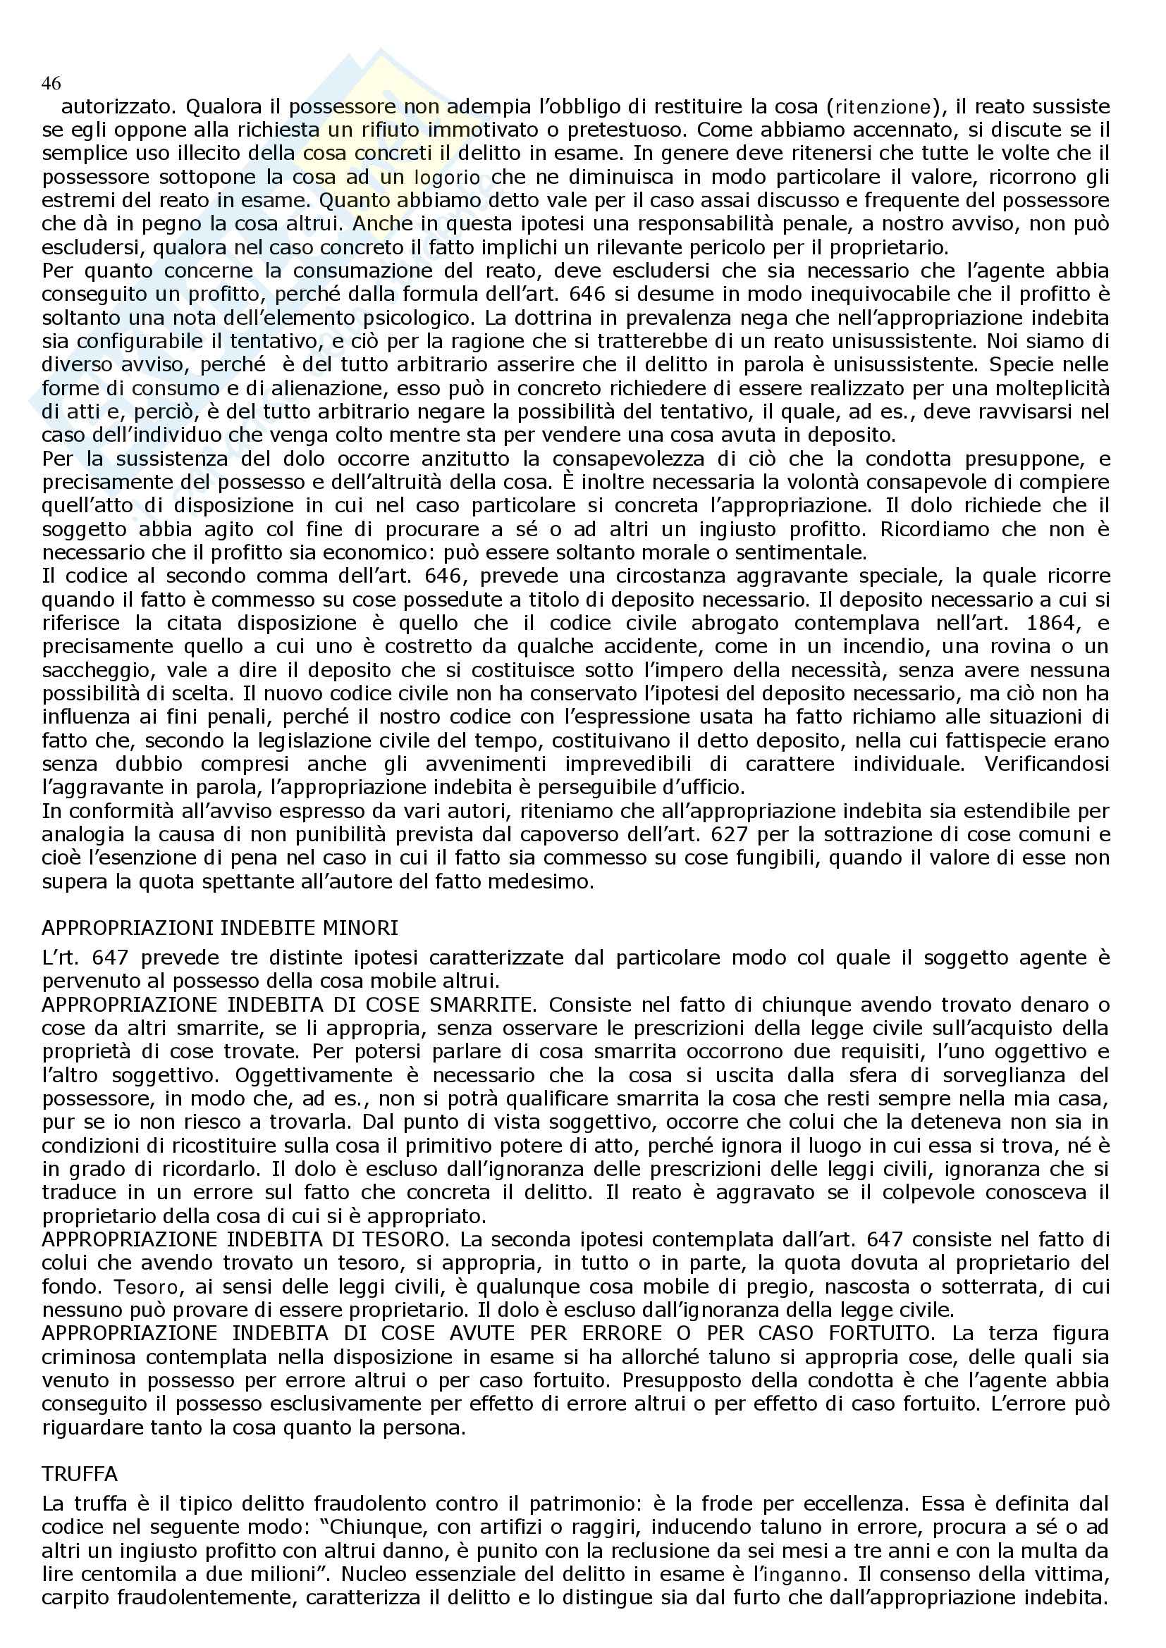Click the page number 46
pos(51,84)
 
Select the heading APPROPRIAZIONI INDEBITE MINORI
pos(220,928)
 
